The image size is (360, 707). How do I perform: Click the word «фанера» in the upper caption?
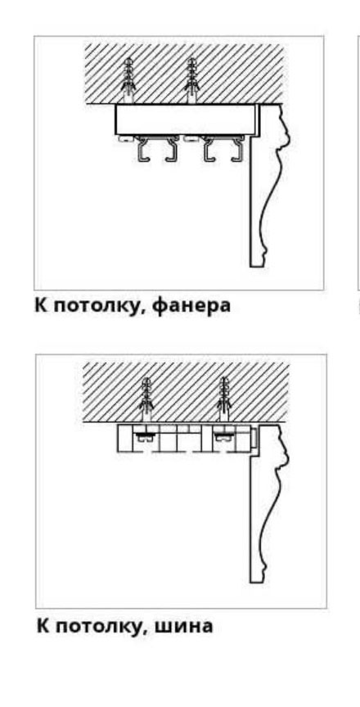[x=191, y=306]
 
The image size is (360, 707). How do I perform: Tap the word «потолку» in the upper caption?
[x=101, y=307]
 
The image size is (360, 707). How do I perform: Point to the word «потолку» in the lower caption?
[x=102, y=627]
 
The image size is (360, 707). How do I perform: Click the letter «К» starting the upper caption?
[x=42, y=305]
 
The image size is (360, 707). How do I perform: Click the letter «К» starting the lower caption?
[x=43, y=626]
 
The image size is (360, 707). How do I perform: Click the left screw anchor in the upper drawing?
[x=128, y=81]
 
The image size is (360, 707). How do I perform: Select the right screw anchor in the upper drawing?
[x=191, y=81]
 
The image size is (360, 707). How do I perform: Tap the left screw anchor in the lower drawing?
[x=146, y=400]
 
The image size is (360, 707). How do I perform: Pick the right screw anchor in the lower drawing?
[x=223, y=400]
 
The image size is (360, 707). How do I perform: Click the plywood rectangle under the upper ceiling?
[x=187, y=119]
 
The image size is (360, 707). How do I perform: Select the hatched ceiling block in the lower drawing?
[x=185, y=392]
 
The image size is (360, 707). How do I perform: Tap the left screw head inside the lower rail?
[x=144, y=436]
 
